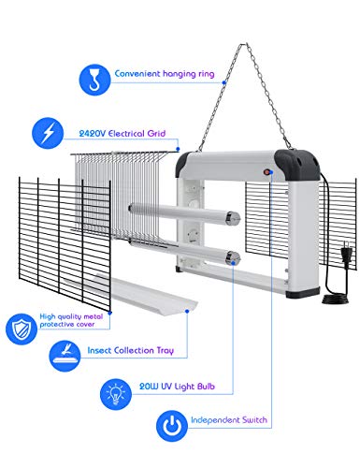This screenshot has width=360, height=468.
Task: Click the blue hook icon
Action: [94, 80]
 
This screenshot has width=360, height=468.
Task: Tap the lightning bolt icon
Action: [48, 133]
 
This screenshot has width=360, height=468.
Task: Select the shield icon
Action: [22, 329]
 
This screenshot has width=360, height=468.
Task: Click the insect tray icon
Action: [65, 356]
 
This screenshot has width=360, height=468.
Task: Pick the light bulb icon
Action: [116, 394]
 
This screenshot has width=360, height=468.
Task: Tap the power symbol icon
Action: [172, 426]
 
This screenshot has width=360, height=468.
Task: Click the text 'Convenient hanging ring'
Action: [165, 74]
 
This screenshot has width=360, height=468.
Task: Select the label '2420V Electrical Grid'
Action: [122, 134]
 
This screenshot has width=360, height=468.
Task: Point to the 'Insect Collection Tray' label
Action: [130, 350]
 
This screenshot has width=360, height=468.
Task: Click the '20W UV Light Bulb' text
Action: [177, 387]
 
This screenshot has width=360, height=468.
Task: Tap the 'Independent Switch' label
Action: [229, 419]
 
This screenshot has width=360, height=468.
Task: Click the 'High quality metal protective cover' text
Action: [71, 320]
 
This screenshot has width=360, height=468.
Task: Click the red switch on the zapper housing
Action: [266, 172]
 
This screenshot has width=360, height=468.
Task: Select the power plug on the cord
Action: [347, 251]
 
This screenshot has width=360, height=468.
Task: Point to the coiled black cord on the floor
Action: [334, 300]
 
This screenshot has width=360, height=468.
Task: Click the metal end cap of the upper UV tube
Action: [234, 217]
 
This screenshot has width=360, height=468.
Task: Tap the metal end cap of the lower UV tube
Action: [234, 257]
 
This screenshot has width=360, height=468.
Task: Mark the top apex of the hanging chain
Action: [244, 44]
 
